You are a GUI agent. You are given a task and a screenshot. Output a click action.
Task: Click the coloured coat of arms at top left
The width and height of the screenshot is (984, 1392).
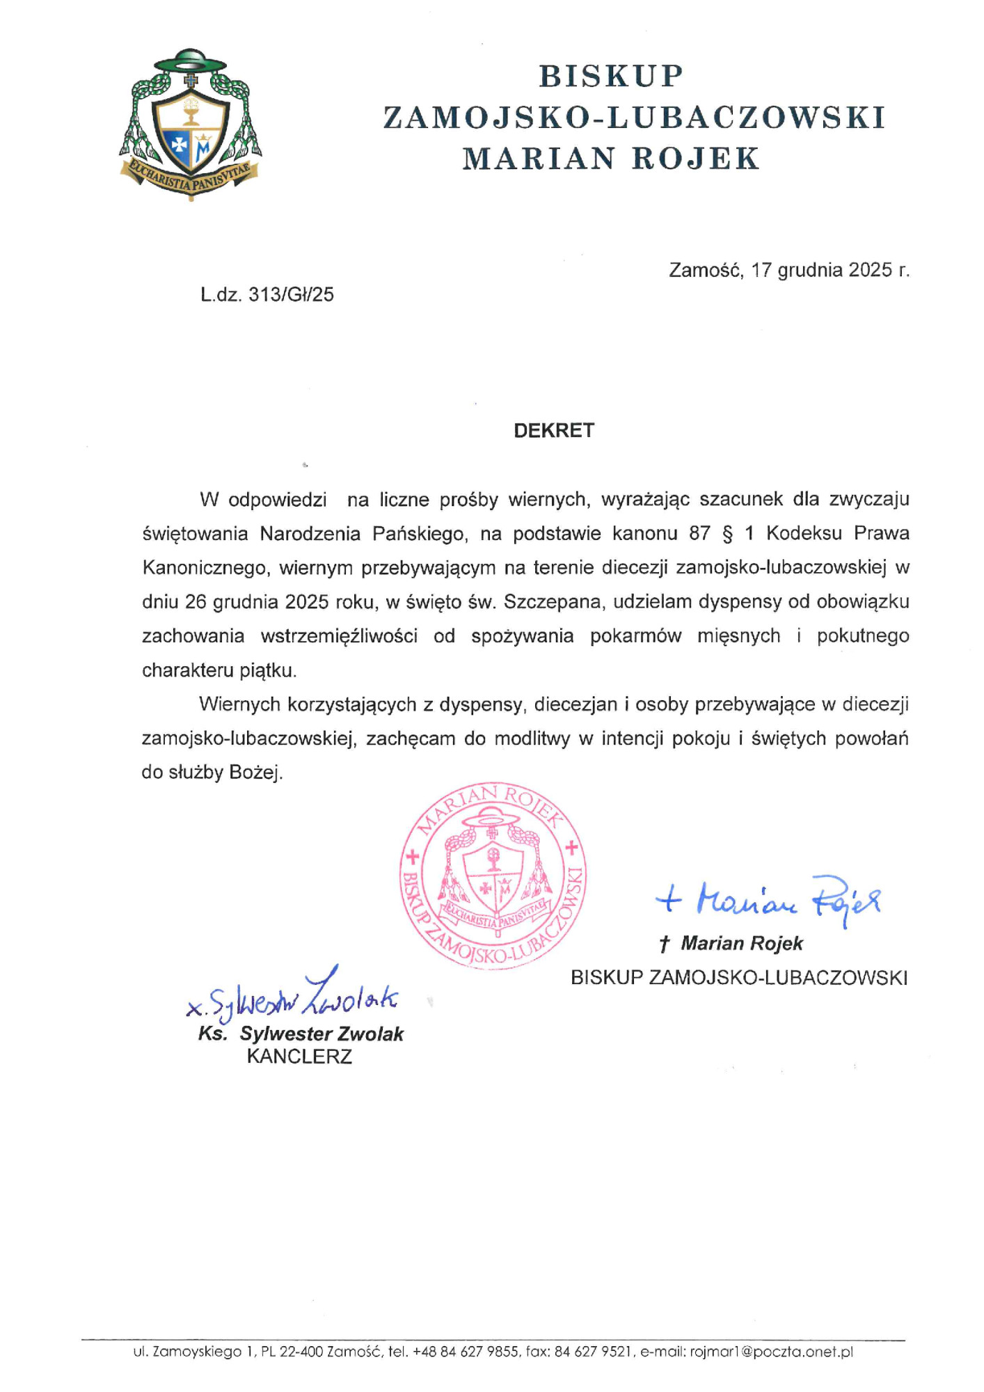[x=190, y=125]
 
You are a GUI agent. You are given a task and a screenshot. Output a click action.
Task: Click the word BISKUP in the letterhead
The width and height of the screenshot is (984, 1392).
[x=611, y=76]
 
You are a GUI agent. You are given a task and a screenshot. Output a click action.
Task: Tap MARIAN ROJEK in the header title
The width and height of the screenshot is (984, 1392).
[x=611, y=159]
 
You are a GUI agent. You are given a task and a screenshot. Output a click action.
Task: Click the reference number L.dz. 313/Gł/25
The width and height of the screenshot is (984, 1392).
[x=267, y=295]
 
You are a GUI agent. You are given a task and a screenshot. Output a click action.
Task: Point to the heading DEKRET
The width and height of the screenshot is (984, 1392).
[x=554, y=431]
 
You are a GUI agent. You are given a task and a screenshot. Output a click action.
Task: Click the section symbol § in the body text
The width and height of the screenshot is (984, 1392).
[x=728, y=534]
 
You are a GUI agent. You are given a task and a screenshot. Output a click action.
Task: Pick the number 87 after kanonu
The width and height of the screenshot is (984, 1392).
[x=699, y=534]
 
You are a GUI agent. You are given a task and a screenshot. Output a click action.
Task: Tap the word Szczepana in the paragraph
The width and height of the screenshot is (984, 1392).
[x=552, y=602]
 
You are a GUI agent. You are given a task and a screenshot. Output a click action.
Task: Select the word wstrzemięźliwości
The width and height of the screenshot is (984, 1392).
[x=339, y=636]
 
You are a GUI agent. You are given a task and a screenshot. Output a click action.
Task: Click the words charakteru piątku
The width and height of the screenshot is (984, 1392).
[x=219, y=671]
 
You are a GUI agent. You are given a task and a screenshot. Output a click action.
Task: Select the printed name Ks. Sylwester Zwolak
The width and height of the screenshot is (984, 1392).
[x=301, y=1034]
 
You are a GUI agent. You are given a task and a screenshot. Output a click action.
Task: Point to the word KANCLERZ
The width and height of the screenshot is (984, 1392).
[x=299, y=1057]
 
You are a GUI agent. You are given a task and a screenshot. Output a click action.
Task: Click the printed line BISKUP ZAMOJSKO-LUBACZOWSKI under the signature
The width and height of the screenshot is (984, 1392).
[x=739, y=978]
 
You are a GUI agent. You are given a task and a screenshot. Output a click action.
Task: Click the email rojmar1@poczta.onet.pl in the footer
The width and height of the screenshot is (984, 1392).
[x=771, y=1352]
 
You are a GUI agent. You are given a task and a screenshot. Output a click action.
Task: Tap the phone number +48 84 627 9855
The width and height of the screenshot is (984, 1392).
[x=466, y=1352]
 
